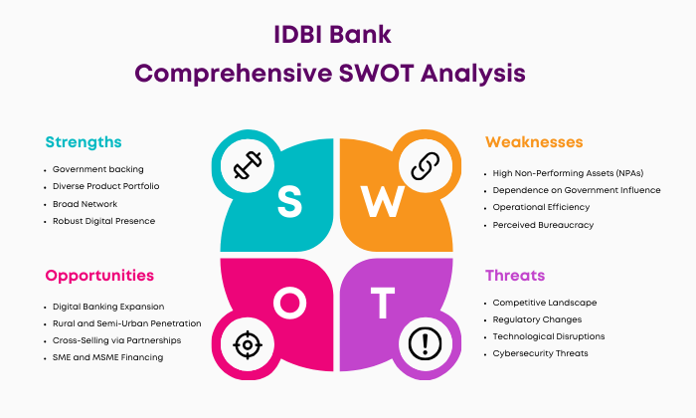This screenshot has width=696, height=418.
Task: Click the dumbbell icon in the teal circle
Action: point(248,165)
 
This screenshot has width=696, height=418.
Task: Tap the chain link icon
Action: point(426,165)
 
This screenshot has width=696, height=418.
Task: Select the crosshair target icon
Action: point(248,344)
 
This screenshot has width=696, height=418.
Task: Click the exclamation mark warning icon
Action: point(425,343)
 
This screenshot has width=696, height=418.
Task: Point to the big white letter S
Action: point(289,202)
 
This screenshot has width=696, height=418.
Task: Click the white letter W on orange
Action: point(382,202)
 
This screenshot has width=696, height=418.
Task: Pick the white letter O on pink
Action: point(289,303)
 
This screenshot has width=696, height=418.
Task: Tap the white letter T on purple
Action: point(383,303)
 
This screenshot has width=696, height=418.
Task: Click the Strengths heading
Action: point(84,142)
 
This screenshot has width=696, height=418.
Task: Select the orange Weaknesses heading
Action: point(534,142)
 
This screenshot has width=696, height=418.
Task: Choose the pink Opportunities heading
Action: point(99,276)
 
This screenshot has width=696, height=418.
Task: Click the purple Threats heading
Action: point(515,276)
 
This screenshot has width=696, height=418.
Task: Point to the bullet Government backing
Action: point(98,169)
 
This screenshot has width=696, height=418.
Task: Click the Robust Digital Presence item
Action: point(103,221)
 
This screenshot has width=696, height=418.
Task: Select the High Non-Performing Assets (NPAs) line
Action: point(568,173)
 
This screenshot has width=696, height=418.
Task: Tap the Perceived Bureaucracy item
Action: point(543,225)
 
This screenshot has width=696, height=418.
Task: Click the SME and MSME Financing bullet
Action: point(107,357)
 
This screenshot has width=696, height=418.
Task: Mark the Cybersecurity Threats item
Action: point(540,353)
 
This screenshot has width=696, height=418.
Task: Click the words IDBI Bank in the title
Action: point(332,35)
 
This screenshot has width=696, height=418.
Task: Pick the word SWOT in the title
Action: point(377,74)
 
